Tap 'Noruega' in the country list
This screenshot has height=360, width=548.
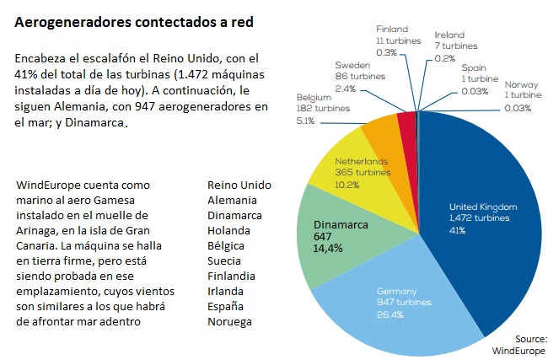tap(230, 321)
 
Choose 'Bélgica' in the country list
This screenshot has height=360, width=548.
tap(226, 245)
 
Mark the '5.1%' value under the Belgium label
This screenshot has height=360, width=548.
tap(306, 121)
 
